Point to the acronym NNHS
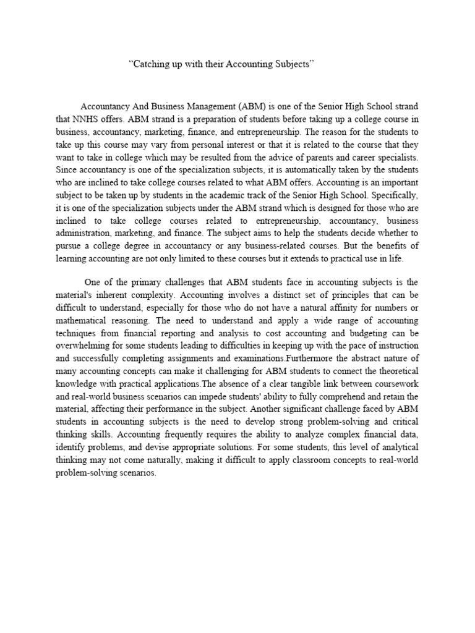tap(87, 118)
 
